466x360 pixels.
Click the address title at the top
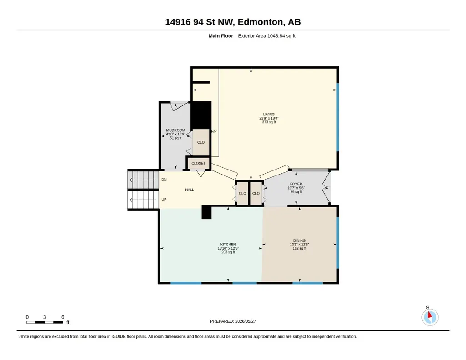point(233,22)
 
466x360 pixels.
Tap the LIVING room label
point(269,115)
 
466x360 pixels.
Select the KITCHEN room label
point(228,245)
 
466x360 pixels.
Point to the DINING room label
point(299,240)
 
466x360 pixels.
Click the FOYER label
point(296,184)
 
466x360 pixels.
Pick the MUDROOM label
point(175,130)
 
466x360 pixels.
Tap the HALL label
point(190,190)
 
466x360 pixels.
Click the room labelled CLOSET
point(198,163)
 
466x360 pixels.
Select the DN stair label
point(164,180)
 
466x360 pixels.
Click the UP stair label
point(164,200)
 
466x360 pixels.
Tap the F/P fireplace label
point(214,131)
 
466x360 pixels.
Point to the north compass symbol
point(430,317)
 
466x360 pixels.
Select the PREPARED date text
point(233,321)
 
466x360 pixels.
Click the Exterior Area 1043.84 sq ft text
point(266,36)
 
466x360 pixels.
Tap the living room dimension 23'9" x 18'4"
point(269,118)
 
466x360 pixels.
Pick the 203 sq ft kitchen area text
point(228,252)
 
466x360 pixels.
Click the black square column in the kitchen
point(206,212)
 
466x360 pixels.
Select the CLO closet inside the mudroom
point(201,142)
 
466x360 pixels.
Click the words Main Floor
point(220,36)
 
